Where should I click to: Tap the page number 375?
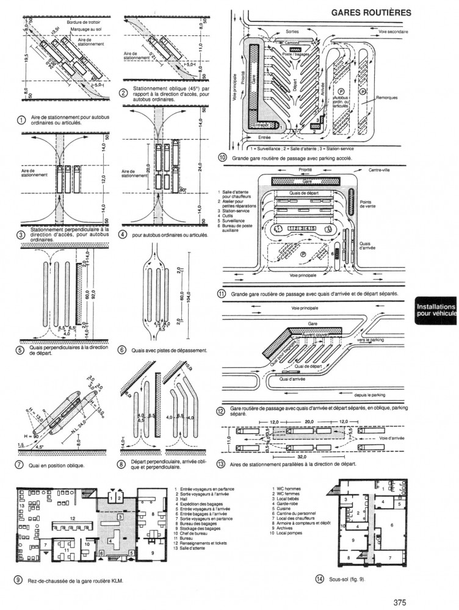point(400,603)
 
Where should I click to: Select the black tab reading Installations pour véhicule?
point(436,310)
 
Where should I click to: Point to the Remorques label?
point(387,98)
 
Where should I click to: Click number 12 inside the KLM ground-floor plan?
point(73,518)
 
